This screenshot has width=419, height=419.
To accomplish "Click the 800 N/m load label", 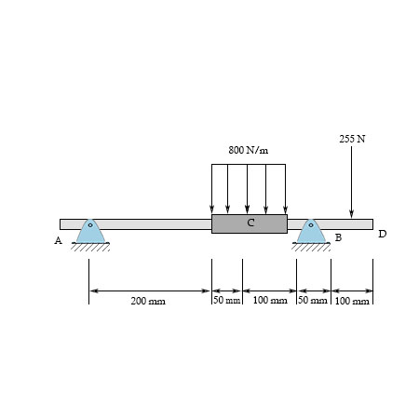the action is coord(249,150).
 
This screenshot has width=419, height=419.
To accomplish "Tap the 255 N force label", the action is coord(352,139).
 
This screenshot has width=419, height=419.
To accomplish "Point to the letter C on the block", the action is coord(250,223).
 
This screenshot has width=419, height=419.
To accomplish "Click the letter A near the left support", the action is coord(58,240).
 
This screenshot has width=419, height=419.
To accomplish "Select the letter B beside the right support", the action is coord(338,237).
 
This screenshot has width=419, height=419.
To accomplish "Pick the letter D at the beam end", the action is coord(383,234).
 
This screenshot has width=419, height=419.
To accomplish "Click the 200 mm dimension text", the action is coord(148,301).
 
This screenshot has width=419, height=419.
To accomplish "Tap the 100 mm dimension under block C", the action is coord(270,300).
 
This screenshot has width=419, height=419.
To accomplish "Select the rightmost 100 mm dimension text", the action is coord(352,301).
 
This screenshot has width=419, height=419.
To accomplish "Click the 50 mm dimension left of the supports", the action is coord(227,300).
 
